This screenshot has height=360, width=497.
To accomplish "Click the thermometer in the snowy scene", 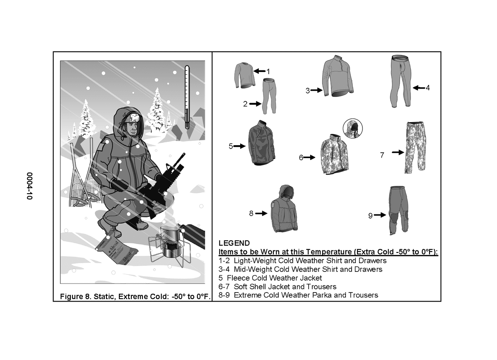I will click(187, 97).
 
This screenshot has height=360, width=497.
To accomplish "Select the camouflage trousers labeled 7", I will click(415, 147).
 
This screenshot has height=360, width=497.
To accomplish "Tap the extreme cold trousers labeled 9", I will click(398, 211).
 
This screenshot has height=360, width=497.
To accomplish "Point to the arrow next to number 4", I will click(419, 88).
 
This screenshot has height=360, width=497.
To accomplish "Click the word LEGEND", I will click(234, 243).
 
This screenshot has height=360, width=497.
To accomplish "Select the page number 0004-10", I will click(29, 186).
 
